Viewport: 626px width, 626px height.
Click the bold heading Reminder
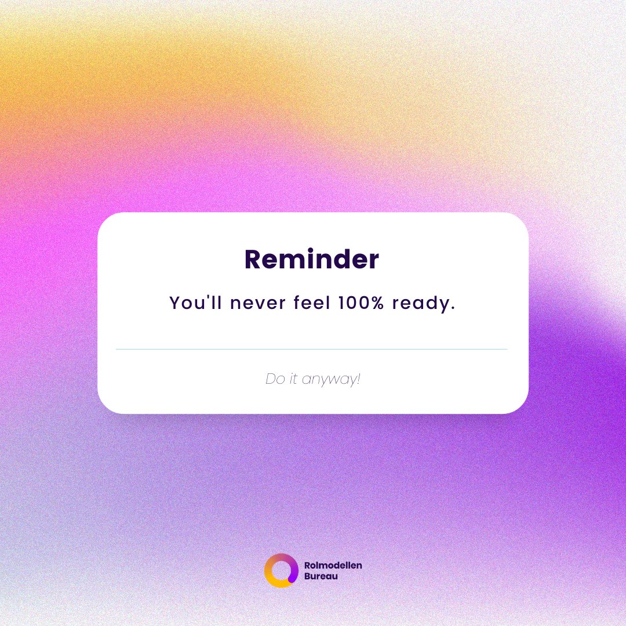pos(311,260)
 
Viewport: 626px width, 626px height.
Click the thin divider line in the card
pos(311,349)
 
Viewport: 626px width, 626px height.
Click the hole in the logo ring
pos(281,570)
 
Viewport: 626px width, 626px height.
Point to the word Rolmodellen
pos(333,565)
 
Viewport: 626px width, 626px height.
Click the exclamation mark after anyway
pos(359,380)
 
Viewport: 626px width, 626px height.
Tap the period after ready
pos(452,308)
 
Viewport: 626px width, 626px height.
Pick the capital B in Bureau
pos(307,577)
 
